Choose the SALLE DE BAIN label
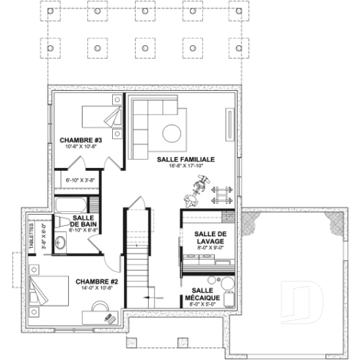click(x=82, y=221)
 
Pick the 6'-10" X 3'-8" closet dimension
click(x=81, y=180)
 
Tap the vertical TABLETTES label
click(x=32, y=238)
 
